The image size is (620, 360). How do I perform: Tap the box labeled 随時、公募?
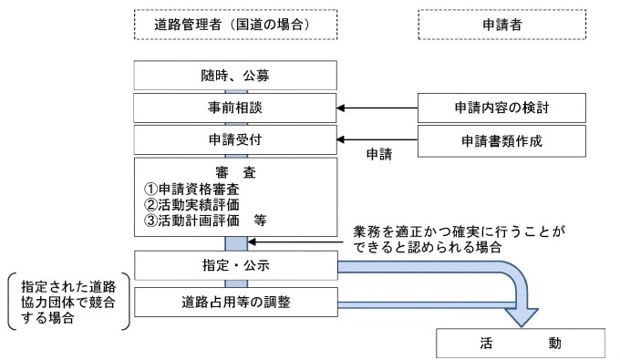click(x=236, y=76)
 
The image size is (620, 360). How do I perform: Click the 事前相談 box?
click(x=236, y=108)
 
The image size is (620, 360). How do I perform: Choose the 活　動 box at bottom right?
click(x=521, y=344)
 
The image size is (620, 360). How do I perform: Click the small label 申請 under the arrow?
click(x=378, y=155)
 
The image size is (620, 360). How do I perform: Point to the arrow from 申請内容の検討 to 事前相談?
click(x=378, y=108)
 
